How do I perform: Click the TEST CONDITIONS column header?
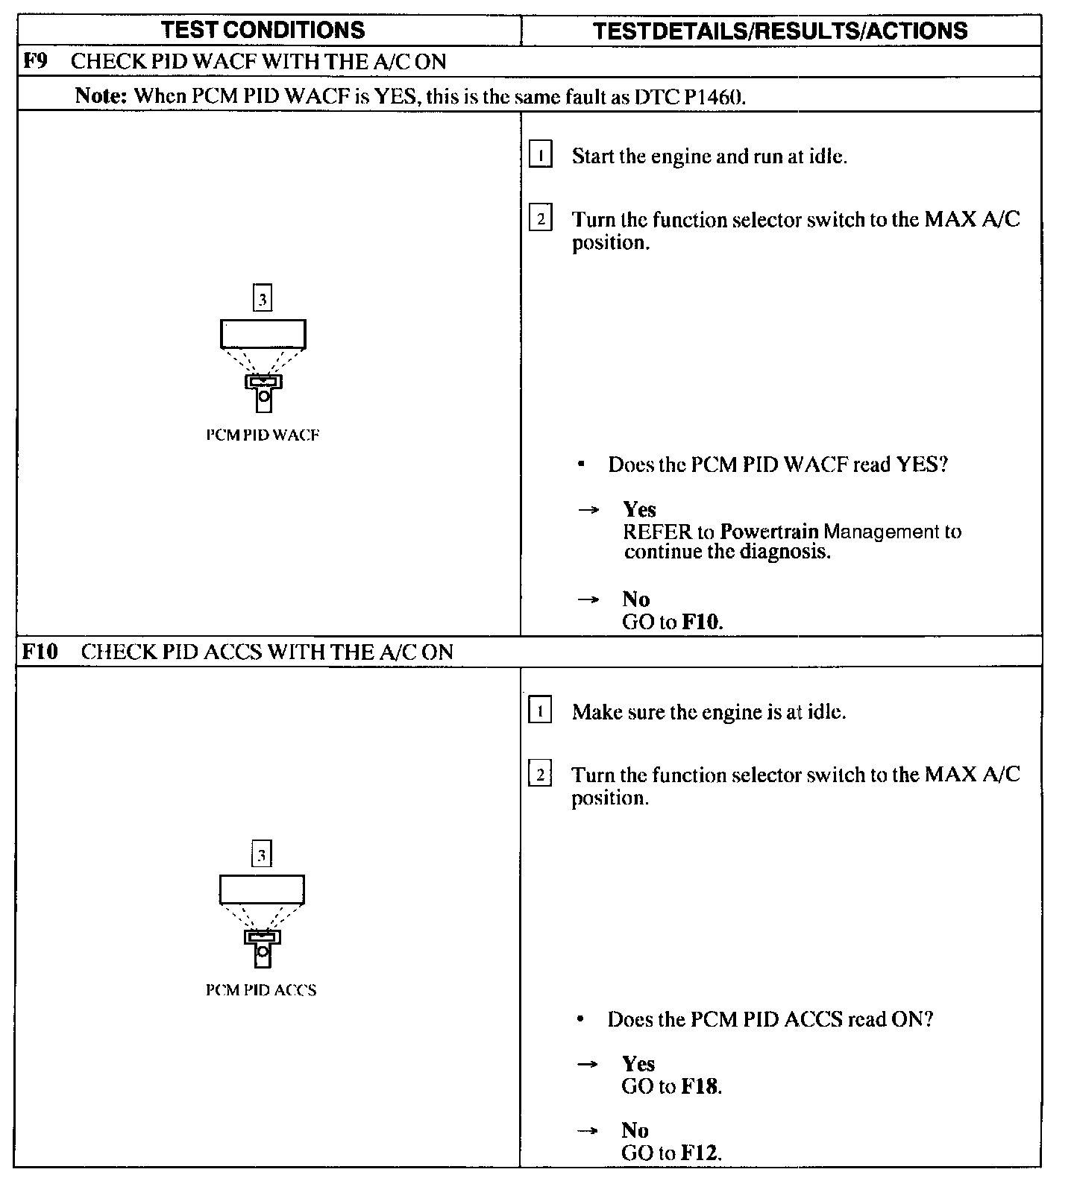tap(263, 30)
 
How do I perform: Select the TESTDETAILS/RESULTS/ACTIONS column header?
tap(780, 31)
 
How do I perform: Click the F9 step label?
tap(36, 60)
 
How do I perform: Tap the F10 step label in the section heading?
tap(40, 652)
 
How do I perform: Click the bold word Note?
tap(101, 96)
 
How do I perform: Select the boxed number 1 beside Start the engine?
tap(540, 156)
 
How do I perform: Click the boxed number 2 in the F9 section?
tap(540, 219)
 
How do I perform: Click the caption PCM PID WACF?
tap(263, 435)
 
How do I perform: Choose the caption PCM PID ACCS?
tap(261, 990)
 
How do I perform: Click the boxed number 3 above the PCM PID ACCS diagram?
tap(261, 854)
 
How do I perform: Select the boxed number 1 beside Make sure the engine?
tap(539, 711)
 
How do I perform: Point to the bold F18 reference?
tap(701, 1086)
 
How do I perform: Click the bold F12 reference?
tap(701, 1153)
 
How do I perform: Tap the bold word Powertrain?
tap(770, 532)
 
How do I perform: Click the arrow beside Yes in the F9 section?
tap(588, 510)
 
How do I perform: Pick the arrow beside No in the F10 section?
tap(588, 1131)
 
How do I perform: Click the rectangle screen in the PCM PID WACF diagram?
tap(263, 333)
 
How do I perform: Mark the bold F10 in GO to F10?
tap(702, 622)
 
